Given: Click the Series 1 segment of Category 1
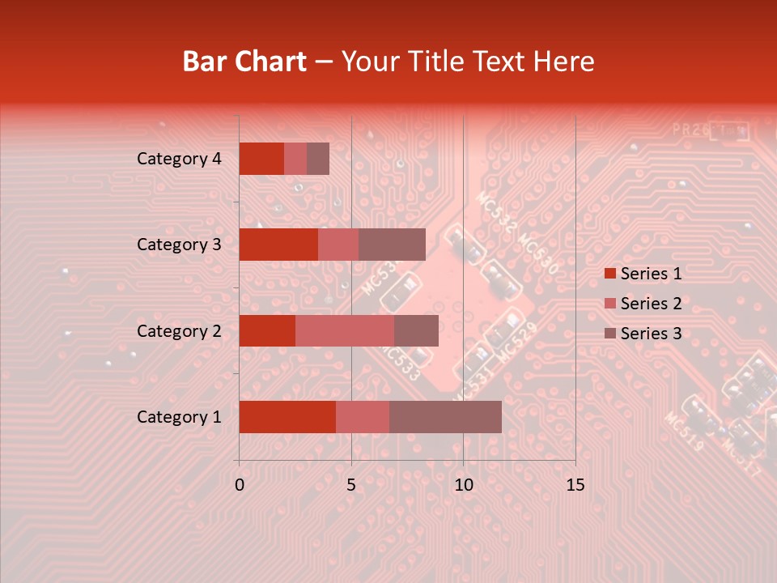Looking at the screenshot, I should click(287, 417).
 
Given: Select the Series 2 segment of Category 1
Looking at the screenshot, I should click(363, 417).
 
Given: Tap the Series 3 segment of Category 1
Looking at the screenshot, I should click(445, 417).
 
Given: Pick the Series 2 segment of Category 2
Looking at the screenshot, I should click(345, 330).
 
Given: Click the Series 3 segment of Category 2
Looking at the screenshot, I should click(416, 330).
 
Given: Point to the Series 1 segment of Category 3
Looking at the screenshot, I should click(278, 245).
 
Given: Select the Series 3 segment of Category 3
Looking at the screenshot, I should click(392, 245).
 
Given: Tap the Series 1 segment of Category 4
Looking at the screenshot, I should click(261, 159).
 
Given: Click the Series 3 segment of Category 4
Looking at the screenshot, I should click(318, 159).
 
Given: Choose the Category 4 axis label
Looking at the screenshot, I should click(179, 159).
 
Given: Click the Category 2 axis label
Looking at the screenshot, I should click(179, 330).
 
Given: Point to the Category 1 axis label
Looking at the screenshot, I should click(179, 417).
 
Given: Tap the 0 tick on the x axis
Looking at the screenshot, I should click(240, 484).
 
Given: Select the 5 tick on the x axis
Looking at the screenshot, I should click(351, 484).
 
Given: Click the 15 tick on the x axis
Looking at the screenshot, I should click(575, 484).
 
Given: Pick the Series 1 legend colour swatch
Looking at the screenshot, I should click(609, 274).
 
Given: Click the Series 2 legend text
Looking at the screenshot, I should click(651, 304).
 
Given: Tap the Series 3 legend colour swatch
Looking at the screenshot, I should click(609, 334).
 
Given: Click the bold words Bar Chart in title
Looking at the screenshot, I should click(244, 61).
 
